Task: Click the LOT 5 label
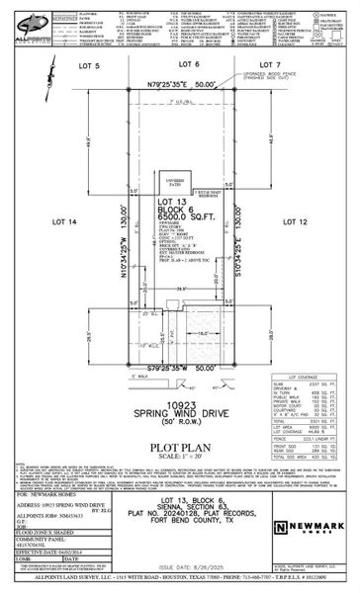90,65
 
